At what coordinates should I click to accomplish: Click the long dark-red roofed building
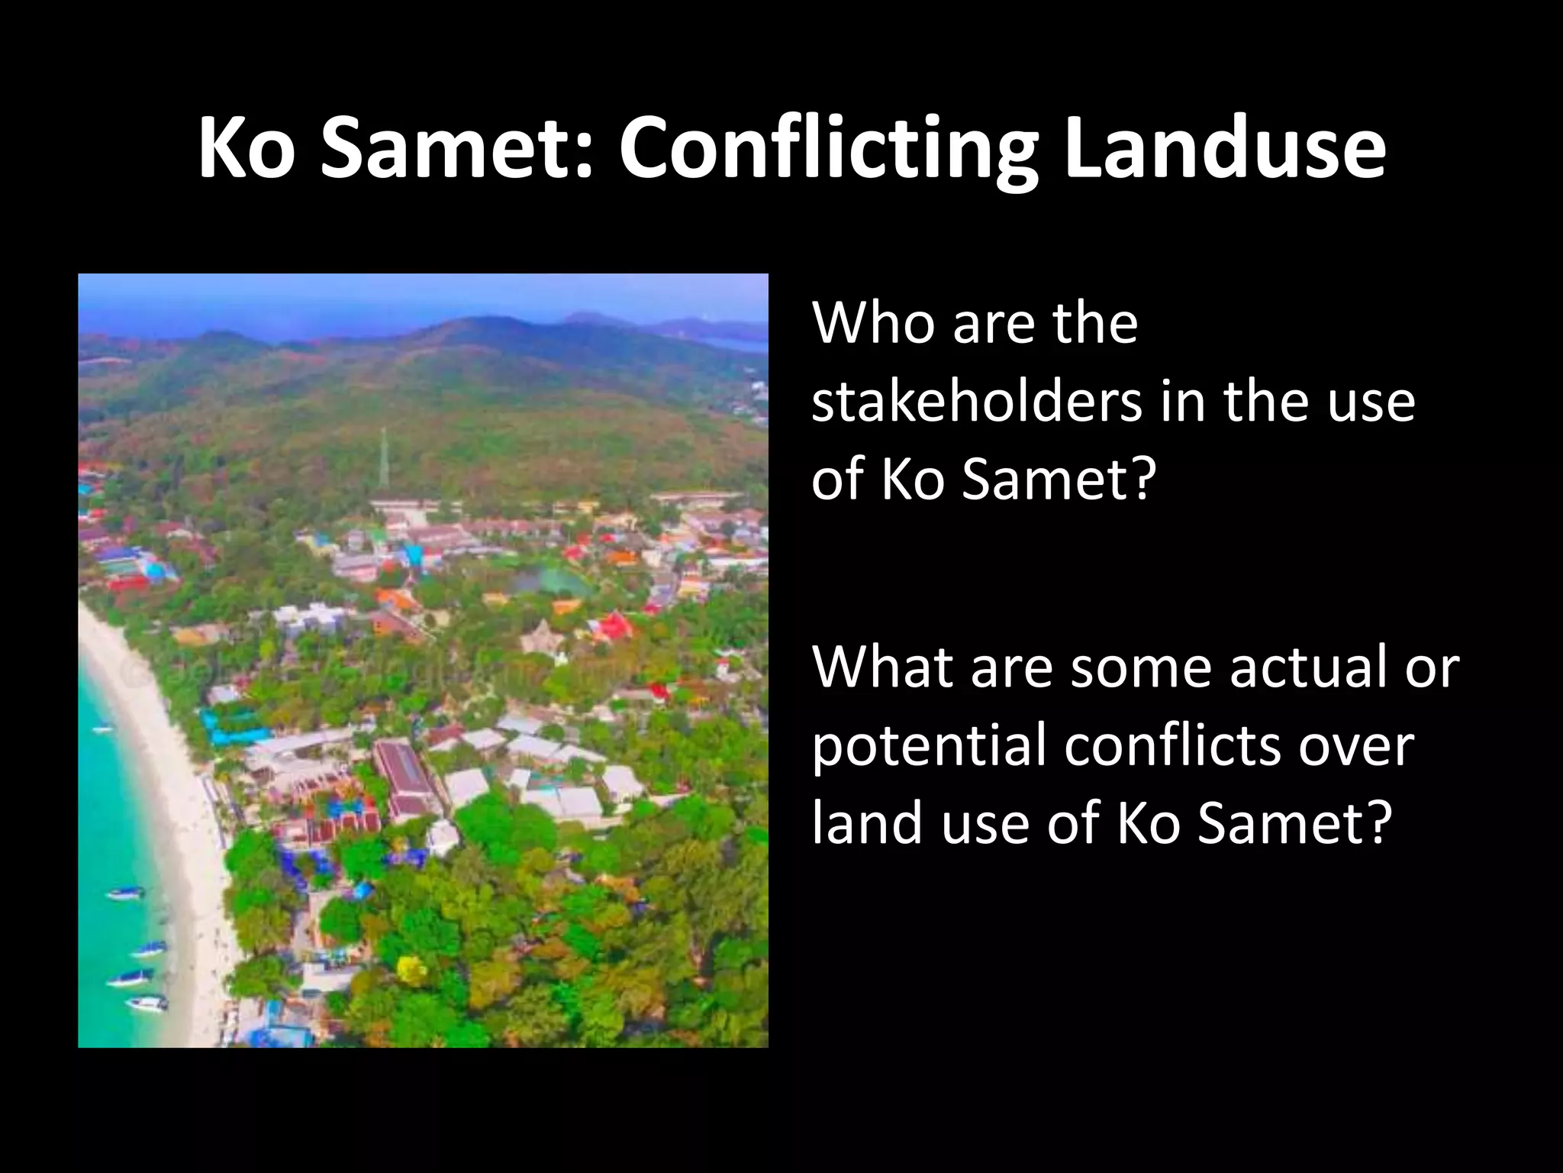click(404, 775)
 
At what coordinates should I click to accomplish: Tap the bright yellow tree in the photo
click(413, 970)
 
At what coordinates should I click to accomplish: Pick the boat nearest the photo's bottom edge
click(147, 1002)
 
